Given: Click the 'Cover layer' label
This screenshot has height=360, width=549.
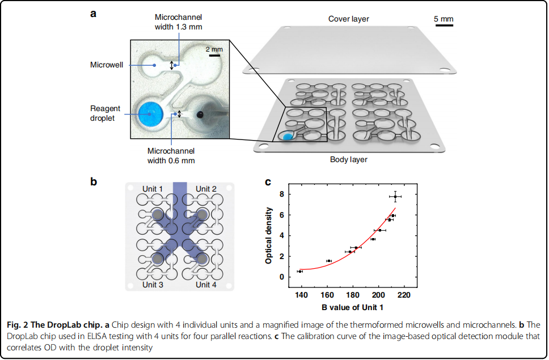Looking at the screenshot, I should click(349, 19).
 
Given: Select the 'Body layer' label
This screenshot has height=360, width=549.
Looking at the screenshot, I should click(349, 160).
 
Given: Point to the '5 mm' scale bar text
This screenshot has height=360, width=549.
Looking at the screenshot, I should click(444, 19).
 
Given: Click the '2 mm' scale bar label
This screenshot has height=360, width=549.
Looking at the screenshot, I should click(214, 49).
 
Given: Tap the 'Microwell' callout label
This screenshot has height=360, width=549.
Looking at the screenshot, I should click(106, 65).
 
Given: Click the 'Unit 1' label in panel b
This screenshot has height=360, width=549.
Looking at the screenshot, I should click(152, 189).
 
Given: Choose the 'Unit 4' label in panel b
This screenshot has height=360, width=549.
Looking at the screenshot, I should click(206, 285).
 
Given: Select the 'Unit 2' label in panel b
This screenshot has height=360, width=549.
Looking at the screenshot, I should click(206, 189).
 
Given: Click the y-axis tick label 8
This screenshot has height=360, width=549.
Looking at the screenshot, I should click(282, 194).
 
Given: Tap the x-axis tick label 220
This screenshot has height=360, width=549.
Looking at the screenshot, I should click(404, 295).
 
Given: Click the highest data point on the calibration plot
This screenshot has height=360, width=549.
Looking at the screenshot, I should click(395, 196).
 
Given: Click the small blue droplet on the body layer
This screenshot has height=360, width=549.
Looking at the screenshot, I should click(287, 136).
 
